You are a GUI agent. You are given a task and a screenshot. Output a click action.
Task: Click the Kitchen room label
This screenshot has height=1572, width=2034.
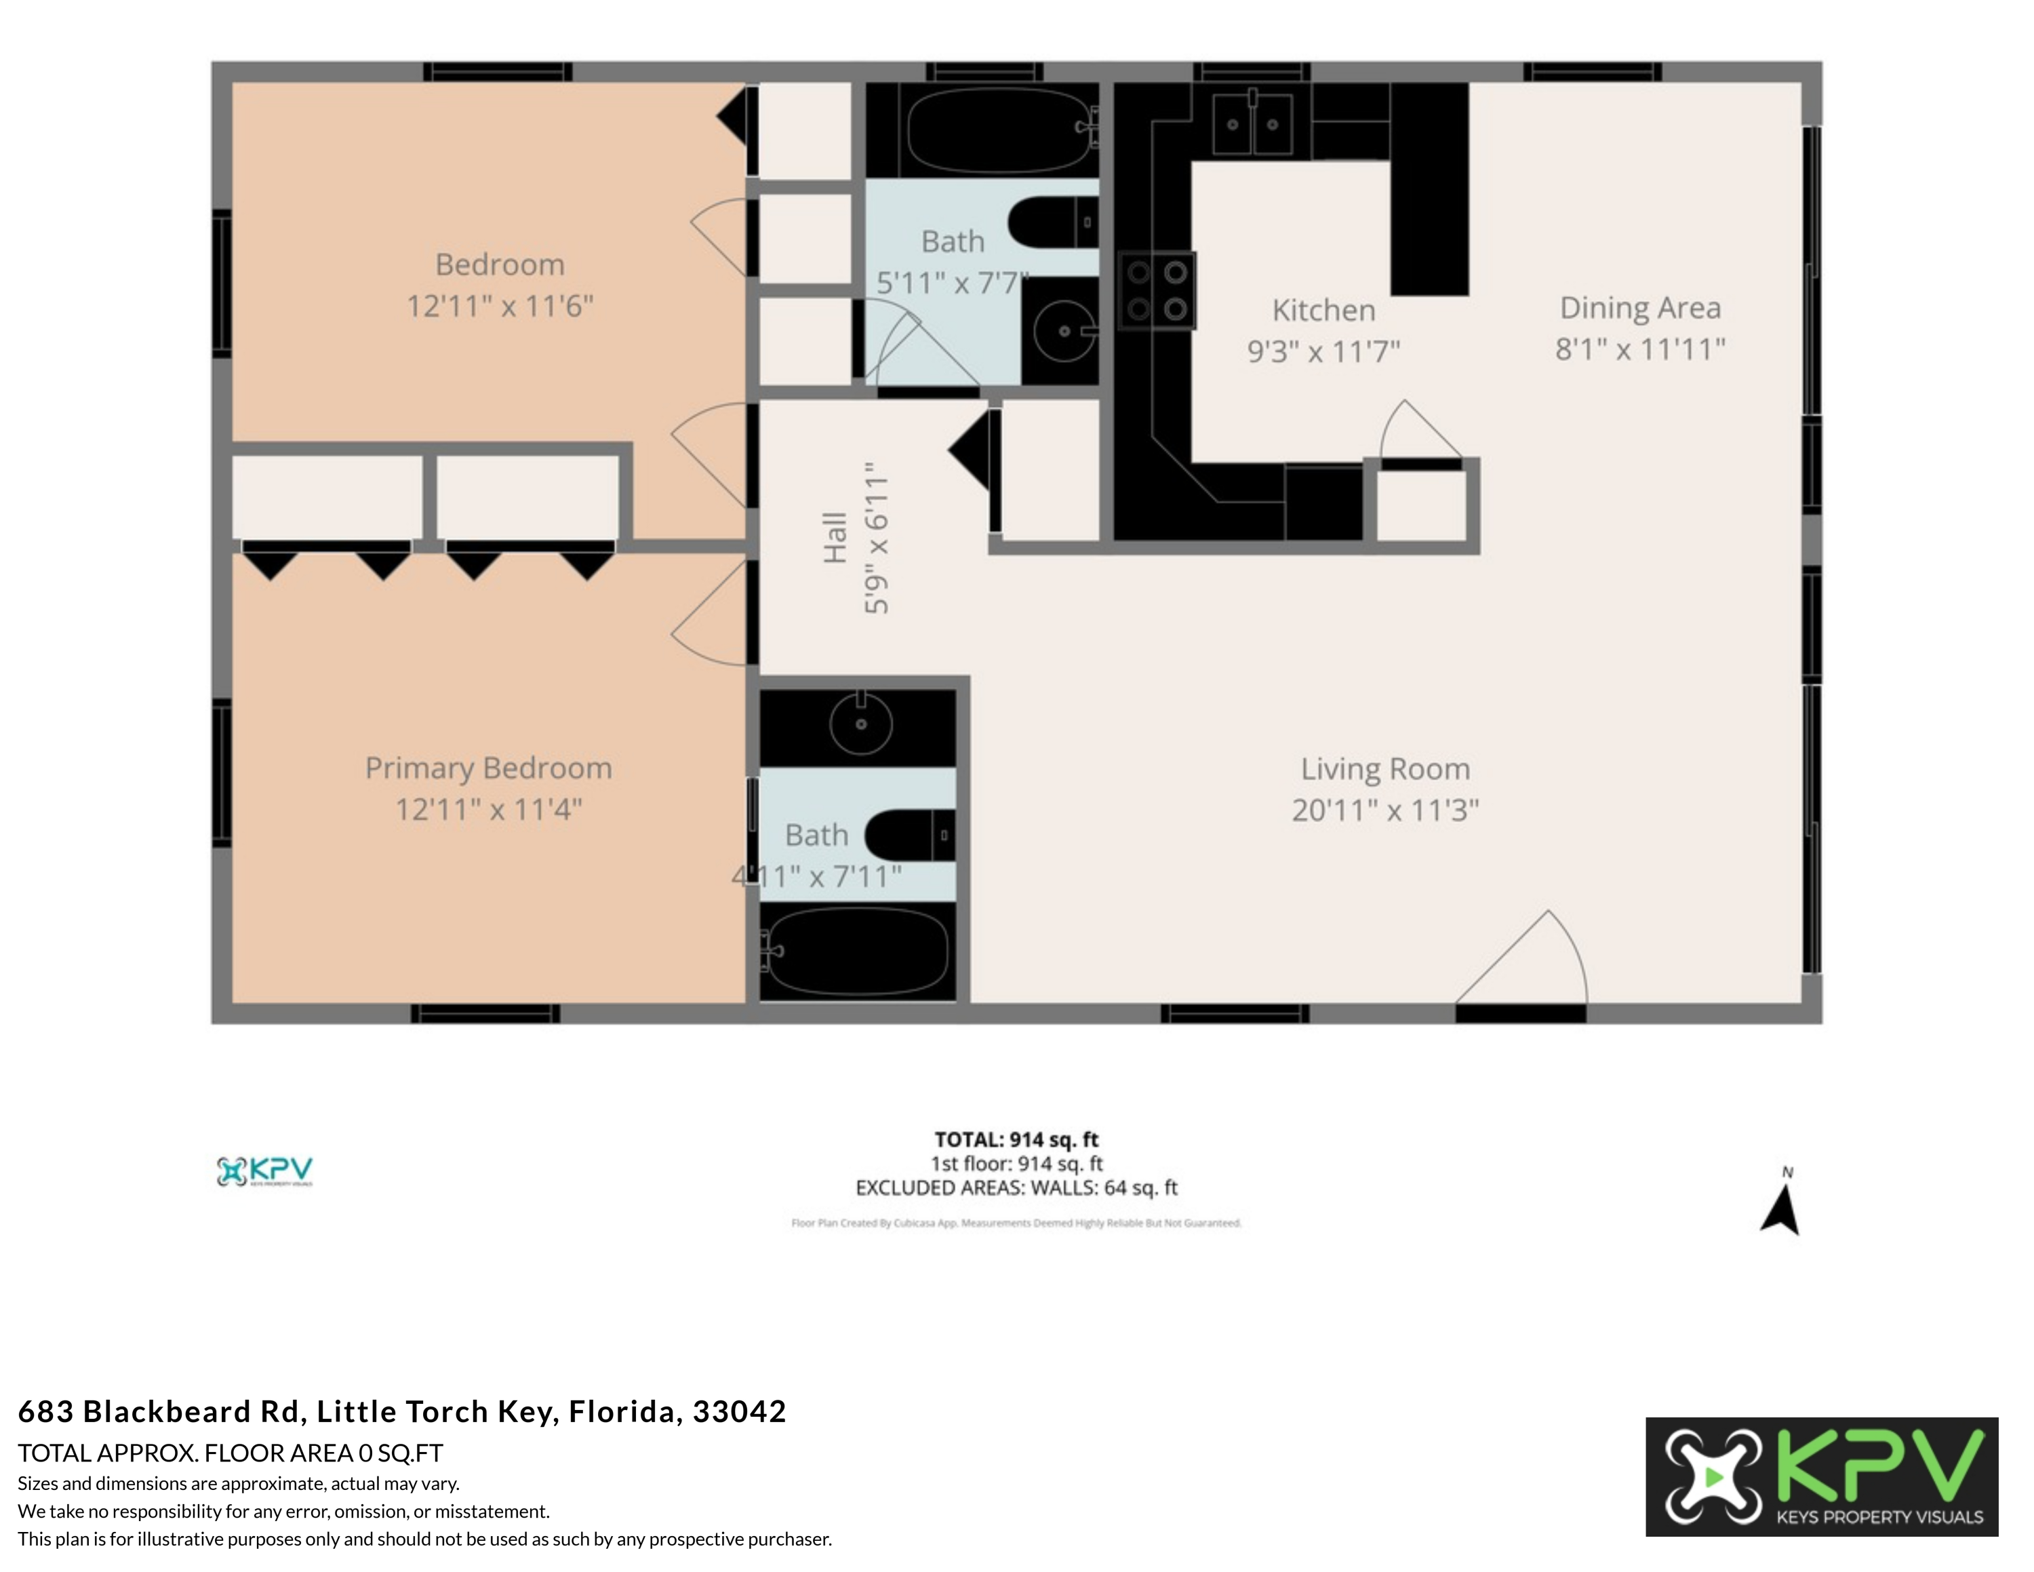click(1323, 310)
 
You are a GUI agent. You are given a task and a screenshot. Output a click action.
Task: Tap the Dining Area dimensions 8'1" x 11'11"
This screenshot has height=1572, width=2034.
click(1639, 350)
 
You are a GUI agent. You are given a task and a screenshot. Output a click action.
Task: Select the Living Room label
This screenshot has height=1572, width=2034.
click(1385, 769)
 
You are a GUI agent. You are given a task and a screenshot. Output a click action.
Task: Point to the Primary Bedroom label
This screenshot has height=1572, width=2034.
click(488, 768)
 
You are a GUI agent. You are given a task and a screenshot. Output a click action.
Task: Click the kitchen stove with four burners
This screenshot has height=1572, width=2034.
click(1157, 290)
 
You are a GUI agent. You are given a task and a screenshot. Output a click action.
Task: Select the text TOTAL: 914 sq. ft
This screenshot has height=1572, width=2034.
click(1016, 1139)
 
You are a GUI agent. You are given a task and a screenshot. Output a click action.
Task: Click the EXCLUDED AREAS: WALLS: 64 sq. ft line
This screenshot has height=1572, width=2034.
click(1016, 1187)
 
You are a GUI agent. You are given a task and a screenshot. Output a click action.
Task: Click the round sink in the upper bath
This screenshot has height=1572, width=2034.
click(1064, 330)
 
